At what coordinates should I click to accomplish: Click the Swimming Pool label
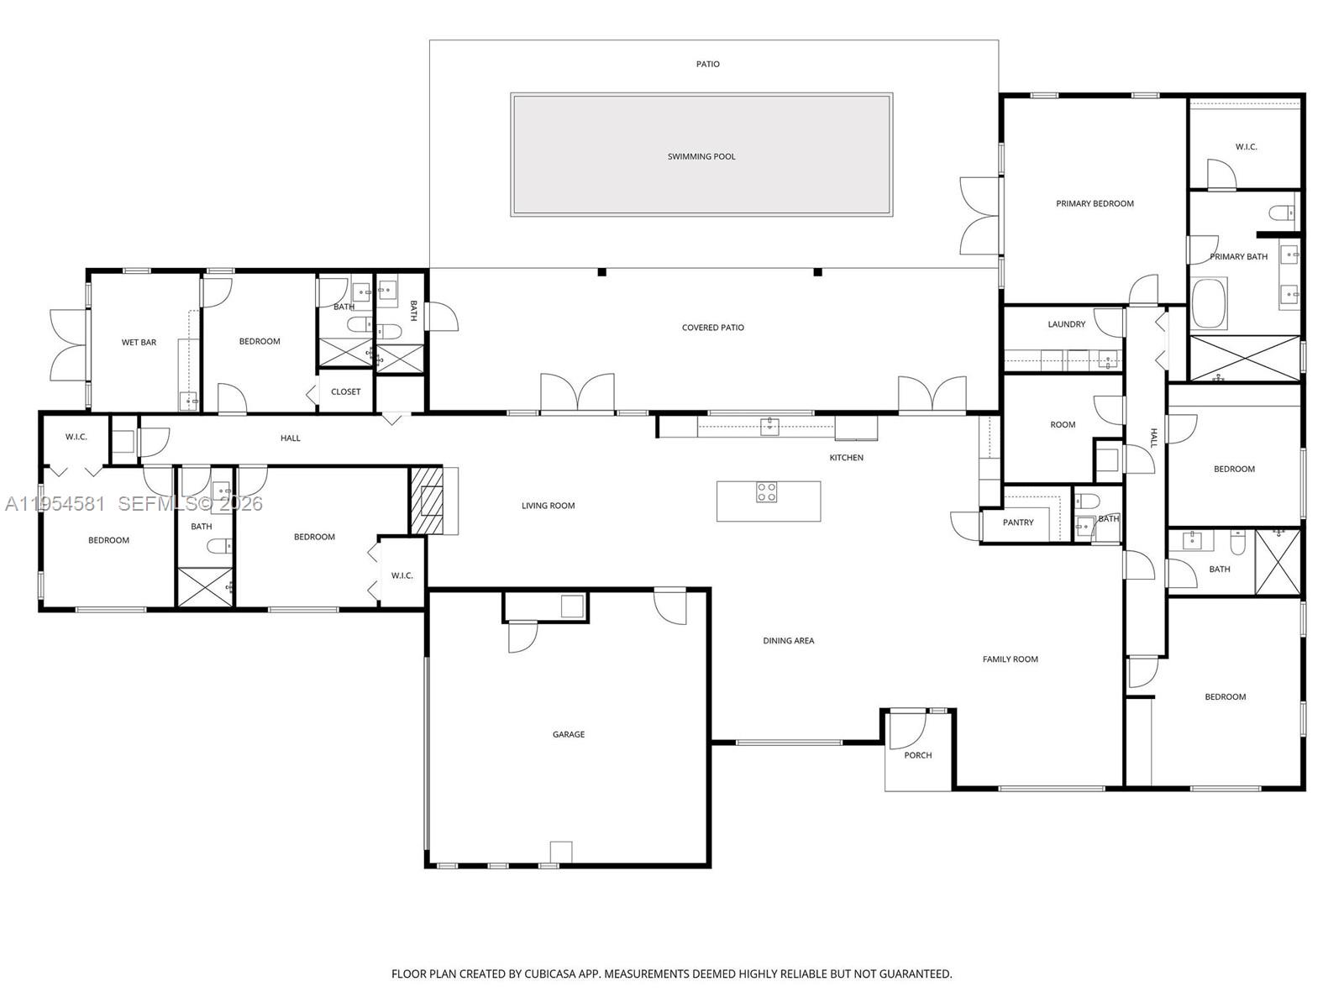(701, 156)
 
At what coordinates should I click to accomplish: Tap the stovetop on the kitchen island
(766, 492)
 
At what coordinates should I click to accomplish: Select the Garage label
(569, 734)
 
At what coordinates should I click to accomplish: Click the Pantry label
(1018, 522)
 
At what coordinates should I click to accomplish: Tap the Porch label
(918, 755)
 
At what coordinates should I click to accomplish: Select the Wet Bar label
(139, 342)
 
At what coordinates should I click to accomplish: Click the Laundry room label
(1067, 324)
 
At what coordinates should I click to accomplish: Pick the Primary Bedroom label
(1095, 203)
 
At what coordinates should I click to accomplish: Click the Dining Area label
(788, 641)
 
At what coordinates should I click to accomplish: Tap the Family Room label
(1011, 659)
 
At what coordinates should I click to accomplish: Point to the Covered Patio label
(712, 328)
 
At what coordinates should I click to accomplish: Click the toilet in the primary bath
(1283, 213)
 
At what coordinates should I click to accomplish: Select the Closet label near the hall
(345, 391)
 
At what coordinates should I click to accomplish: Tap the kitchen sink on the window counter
(769, 427)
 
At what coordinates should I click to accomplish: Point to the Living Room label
(548, 506)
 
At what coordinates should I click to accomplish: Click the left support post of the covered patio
(602, 272)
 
